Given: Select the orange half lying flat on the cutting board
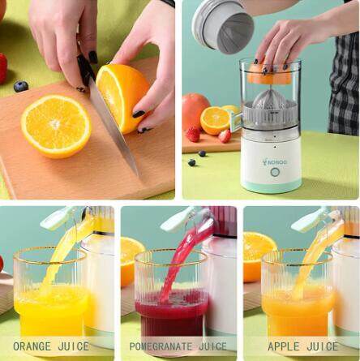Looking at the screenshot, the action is (x=56, y=127).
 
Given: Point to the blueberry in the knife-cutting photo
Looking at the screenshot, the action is (x=21, y=87).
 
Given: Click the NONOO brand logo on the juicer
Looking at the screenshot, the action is (x=275, y=162).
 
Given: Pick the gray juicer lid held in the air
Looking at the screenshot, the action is (x=223, y=27).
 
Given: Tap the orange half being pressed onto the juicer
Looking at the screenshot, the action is (x=270, y=72).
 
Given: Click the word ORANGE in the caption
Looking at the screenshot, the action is (x=32, y=346).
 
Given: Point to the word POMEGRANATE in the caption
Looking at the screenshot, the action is (x=161, y=346).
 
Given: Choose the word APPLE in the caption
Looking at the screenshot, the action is (x=284, y=346).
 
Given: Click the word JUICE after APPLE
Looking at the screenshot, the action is (x=322, y=346).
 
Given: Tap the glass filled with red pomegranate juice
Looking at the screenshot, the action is (x=171, y=294).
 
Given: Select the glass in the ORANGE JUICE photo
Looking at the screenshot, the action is (x=50, y=292).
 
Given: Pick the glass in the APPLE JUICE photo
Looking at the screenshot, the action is (x=297, y=294).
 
